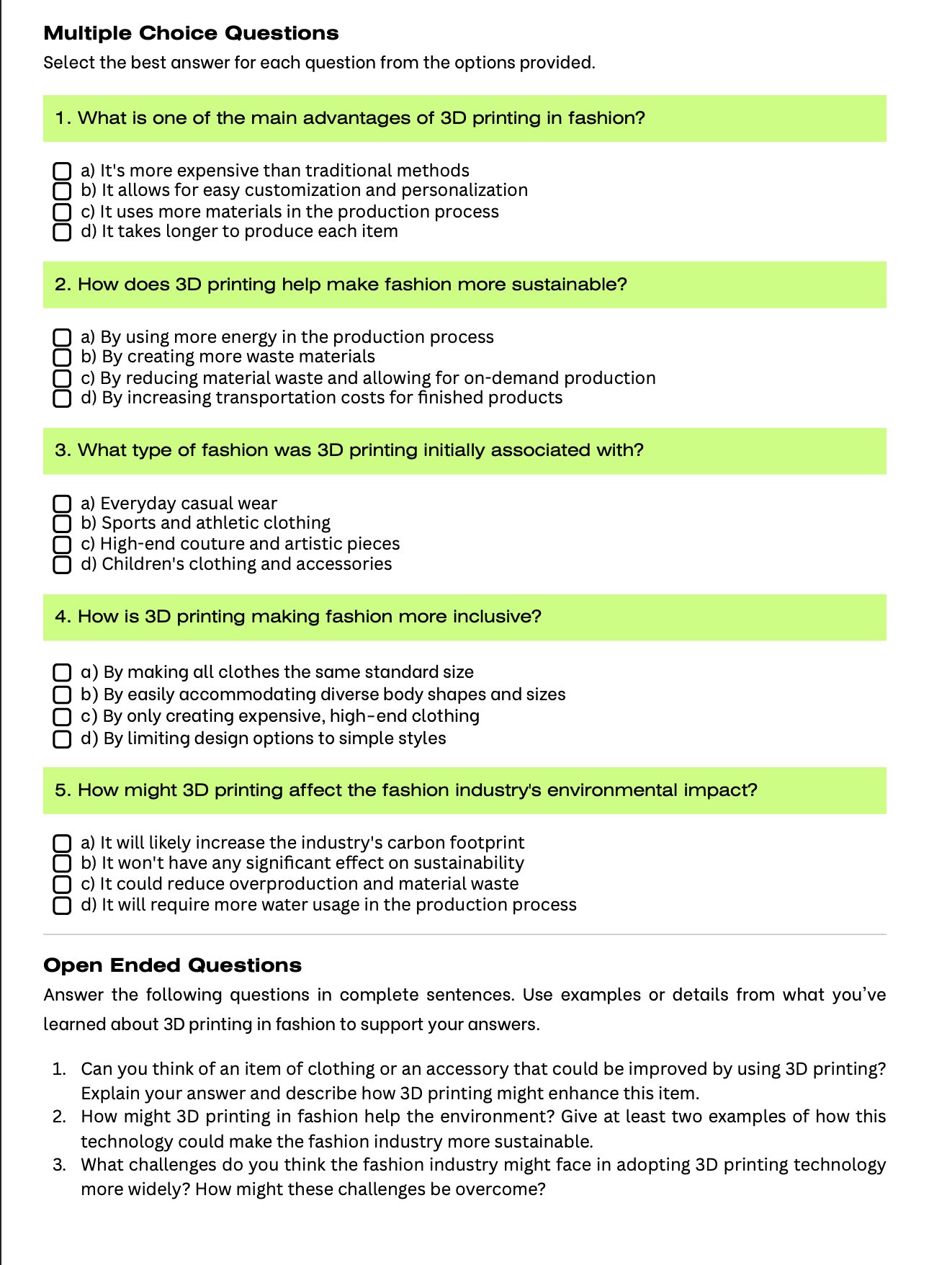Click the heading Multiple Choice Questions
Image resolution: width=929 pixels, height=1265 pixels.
click(x=191, y=33)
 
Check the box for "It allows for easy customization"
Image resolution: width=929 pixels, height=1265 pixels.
click(x=63, y=191)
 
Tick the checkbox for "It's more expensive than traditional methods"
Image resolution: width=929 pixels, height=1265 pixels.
click(x=63, y=171)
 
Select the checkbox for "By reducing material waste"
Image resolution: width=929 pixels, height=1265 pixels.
click(x=63, y=378)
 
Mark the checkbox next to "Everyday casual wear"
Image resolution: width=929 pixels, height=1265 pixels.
click(x=63, y=503)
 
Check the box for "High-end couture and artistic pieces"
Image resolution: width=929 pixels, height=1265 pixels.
click(x=63, y=544)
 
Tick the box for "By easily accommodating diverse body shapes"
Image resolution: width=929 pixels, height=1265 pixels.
click(x=63, y=694)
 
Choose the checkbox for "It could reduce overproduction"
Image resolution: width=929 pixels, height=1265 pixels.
click(x=63, y=884)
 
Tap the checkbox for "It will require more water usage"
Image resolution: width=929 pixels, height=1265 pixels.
click(x=63, y=905)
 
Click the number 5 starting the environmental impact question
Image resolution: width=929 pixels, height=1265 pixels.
click(x=61, y=790)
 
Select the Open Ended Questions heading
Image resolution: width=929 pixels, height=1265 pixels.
click(x=172, y=965)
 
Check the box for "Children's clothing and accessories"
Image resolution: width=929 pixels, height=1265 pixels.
click(x=63, y=564)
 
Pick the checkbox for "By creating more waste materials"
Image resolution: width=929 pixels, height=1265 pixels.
click(x=63, y=357)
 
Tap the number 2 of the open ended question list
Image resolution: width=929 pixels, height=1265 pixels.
click(x=59, y=1117)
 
